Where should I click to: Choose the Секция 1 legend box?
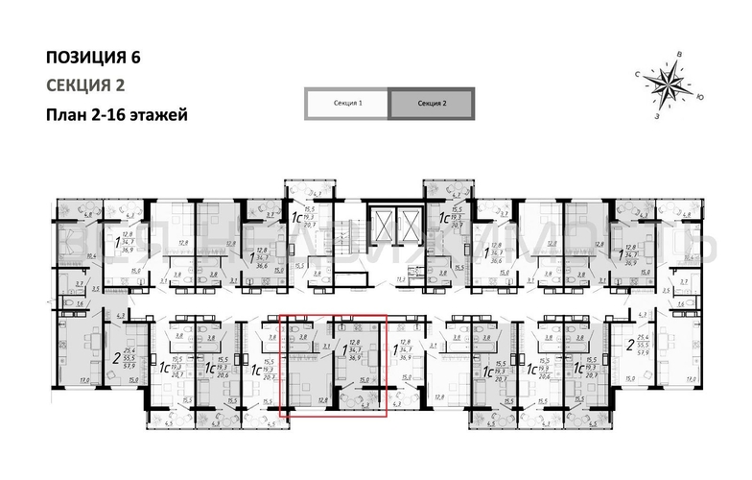[346, 103]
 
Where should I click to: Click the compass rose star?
[668, 84]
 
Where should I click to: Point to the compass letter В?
[679, 54]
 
